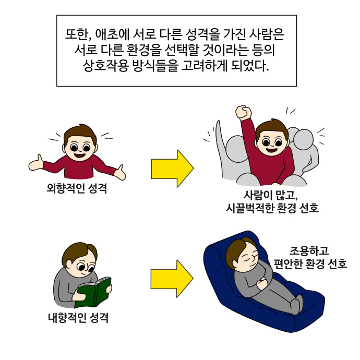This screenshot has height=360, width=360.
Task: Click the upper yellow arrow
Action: pyautogui.click(x=172, y=169)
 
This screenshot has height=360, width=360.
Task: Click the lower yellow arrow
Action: pyautogui.click(x=172, y=279)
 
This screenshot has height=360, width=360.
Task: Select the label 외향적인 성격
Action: pyautogui.click(x=77, y=189)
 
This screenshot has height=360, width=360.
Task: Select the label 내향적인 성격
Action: pyautogui.click(x=78, y=318)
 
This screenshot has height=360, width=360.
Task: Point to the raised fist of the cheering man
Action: pyautogui.click(x=243, y=112)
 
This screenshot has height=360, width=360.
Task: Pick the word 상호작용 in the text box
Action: pyautogui.click(x=105, y=66)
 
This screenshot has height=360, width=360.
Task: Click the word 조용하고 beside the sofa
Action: pyautogui.click(x=309, y=251)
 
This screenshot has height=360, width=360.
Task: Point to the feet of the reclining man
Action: pyautogui.click(x=297, y=305)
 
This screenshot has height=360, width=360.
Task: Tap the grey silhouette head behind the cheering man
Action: pyautogui.click(x=303, y=140)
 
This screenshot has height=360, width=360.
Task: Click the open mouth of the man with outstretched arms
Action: pyautogui.click(x=80, y=155)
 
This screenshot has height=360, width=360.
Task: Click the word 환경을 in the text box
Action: pyautogui.click(x=143, y=50)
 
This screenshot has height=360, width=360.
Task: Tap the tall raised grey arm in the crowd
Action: pyautogui.click(x=220, y=147)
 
